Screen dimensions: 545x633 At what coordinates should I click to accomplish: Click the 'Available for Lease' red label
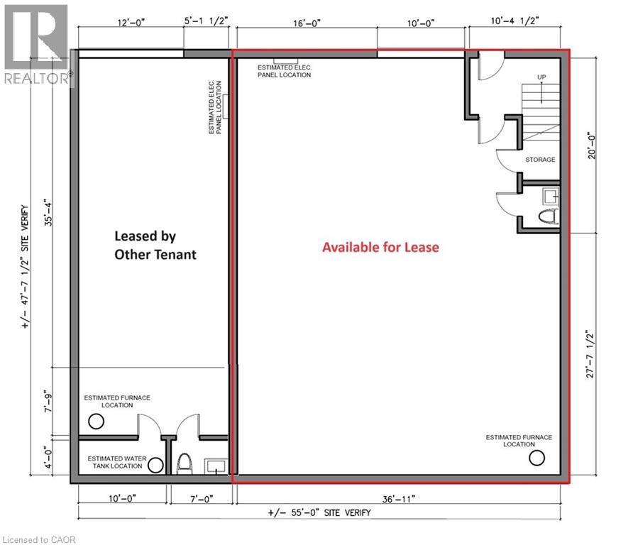pos(380,248)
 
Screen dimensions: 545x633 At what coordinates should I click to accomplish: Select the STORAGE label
pos(540,160)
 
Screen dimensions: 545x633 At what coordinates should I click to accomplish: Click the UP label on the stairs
pos(541,77)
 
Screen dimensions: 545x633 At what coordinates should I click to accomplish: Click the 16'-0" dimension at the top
pos(307,23)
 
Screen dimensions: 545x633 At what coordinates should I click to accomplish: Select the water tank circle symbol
pos(155,466)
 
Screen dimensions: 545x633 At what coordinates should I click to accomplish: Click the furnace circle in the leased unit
pos(96,422)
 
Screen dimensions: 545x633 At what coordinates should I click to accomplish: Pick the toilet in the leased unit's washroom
pos(184,465)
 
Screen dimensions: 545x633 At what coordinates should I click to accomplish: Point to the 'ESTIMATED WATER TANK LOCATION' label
pos(117,463)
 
